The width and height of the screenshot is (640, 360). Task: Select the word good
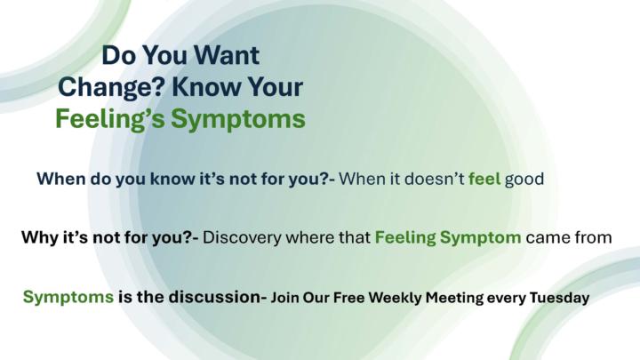pos(524,179)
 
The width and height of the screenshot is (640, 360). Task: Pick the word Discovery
pos(244,238)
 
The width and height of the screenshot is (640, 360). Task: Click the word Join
pos(287,298)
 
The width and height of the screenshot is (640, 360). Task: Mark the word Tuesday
pos(559,298)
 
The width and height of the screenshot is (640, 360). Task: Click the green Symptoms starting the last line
pos(68,297)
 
